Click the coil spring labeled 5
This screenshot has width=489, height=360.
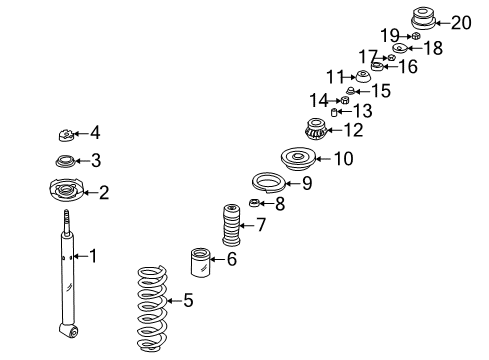coord(152,308)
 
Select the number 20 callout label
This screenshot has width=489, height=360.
coord(461,23)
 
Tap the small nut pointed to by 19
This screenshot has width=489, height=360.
coord(415,36)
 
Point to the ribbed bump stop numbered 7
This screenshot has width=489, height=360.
coord(231,225)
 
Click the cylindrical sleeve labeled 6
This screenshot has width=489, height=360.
coord(200,262)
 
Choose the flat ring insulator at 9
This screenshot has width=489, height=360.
coord(268,183)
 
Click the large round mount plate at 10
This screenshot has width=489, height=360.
coord(298,159)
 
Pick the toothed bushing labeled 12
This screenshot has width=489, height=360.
coord(316,129)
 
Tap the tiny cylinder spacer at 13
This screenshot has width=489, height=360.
coord(334,112)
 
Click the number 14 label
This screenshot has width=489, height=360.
coord(319,100)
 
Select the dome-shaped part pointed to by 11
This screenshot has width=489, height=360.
coord(362,77)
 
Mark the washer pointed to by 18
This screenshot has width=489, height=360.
coord(400,48)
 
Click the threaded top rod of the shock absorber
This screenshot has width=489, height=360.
coord(67,222)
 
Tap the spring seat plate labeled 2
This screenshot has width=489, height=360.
coord(66,190)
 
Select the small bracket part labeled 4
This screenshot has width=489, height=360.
coord(66,135)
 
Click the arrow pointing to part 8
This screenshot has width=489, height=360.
coord(267,203)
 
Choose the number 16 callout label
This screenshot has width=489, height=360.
coord(408,66)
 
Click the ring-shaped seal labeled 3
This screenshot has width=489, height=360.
coord(65,161)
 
